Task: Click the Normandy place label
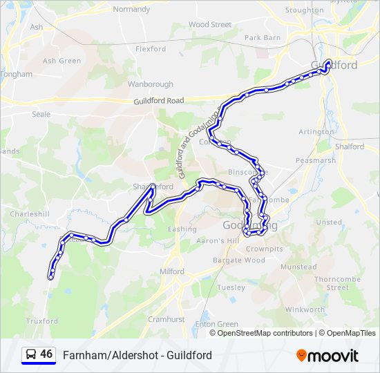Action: [x=131, y=10]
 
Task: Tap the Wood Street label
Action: [x=209, y=25]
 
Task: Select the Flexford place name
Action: [x=151, y=49]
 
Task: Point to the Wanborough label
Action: [x=149, y=84]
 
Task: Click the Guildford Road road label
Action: [x=159, y=101]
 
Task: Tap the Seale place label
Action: [x=41, y=115]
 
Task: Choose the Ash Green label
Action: [x=61, y=61]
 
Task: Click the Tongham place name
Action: [x=17, y=74]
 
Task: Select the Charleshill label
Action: [x=30, y=214]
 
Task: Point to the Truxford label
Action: [x=42, y=321]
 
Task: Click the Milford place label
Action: [x=172, y=271]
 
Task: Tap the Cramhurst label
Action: [x=166, y=319]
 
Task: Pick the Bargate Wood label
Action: [x=238, y=260]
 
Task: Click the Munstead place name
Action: [x=298, y=267]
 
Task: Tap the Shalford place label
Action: [x=350, y=146]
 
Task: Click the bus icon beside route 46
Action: [x=30, y=355]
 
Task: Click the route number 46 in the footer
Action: [x=46, y=354]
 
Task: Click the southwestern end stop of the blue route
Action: [x=50, y=277]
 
